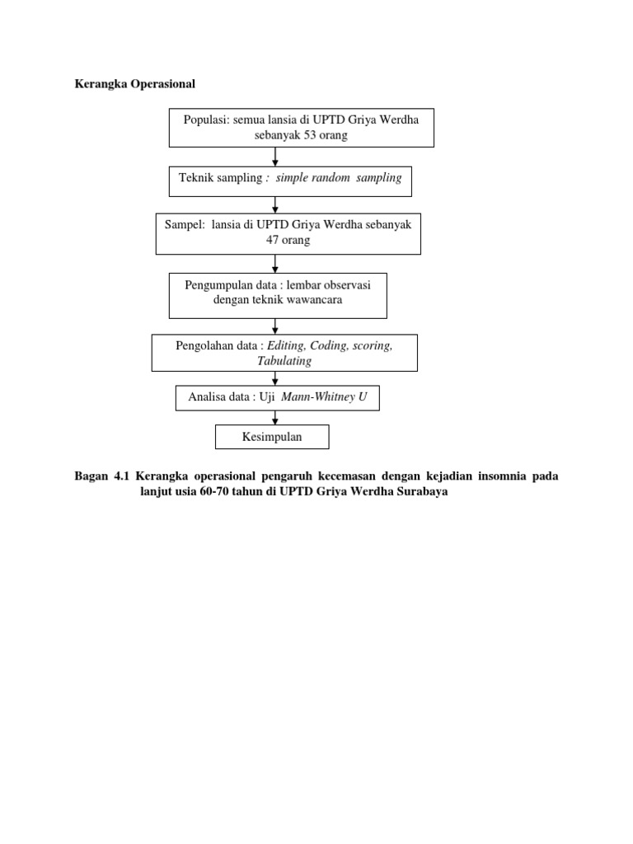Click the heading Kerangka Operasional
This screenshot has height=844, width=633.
134,84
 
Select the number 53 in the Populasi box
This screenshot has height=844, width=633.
310,134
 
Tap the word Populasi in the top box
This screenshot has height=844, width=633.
206,120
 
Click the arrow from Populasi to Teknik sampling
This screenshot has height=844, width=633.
275,157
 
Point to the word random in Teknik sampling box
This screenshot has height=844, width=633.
331,178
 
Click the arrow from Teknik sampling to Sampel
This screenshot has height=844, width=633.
275,205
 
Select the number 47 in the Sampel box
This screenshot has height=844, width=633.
272,240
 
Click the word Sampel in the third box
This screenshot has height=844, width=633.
184,225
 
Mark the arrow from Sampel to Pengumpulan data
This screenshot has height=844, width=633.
275,264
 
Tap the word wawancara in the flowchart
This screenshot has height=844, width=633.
314,300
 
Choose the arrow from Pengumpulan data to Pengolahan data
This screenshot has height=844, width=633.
275,326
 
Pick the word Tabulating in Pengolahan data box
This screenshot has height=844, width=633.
284,361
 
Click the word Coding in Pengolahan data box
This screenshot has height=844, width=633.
329,345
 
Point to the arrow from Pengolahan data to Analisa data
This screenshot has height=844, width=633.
275,378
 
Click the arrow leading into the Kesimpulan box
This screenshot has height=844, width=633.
275,418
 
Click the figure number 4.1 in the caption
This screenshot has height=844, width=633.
122,476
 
